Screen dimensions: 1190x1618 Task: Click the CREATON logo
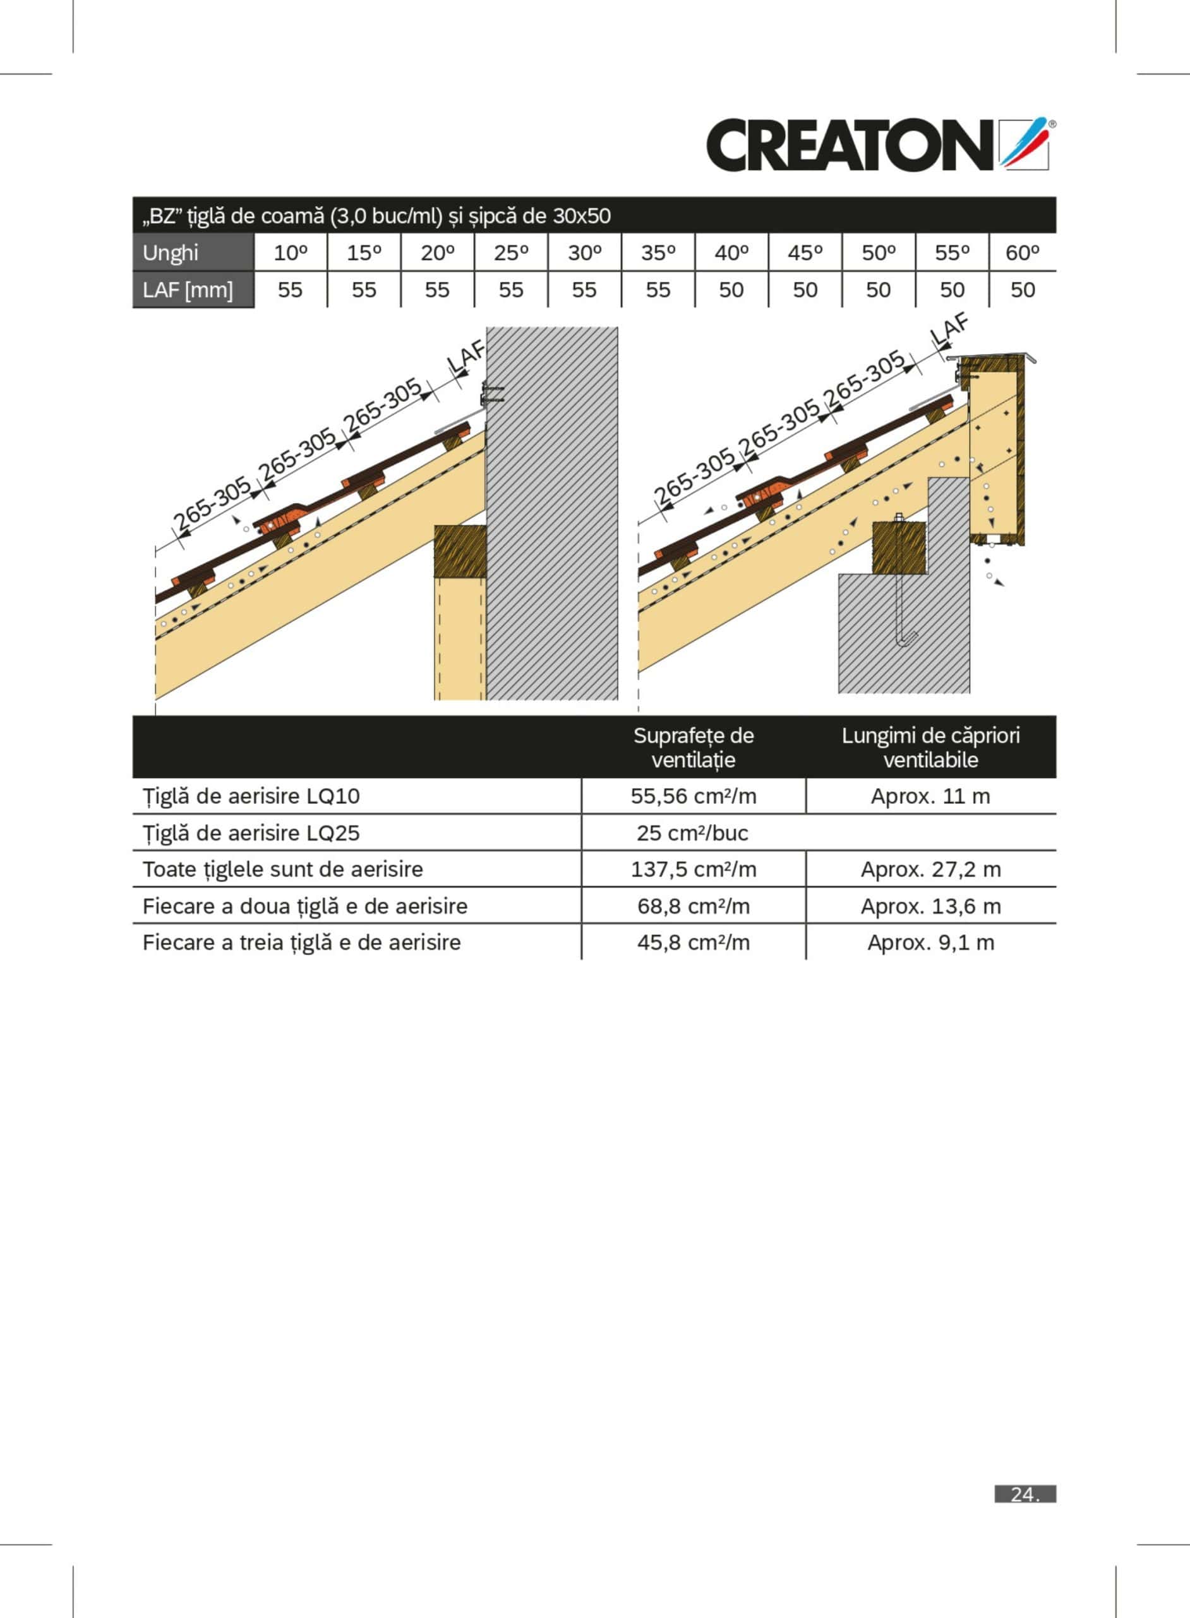click(881, 144)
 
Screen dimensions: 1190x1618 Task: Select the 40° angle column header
click(731, 253)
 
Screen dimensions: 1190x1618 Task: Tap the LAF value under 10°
click(291, 289)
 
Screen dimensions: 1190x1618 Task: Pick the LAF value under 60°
click(1023, 289)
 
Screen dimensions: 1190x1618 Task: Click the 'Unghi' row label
click(170, 253)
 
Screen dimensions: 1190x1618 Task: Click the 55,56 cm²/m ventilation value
click(694, 796)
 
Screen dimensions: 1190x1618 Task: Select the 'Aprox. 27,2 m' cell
click(930, 869)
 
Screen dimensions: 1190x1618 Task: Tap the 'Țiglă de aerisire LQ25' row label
click(251, 833)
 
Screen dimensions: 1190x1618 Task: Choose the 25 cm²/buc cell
click(692, 833)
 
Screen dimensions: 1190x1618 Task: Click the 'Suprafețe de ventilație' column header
click(694, 748)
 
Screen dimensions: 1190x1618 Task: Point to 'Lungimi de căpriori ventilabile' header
click(930, 748)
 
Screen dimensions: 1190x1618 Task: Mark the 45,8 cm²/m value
click(694, 943)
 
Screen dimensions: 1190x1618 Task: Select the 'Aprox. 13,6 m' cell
click(930, 906)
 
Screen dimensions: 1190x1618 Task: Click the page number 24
click(1025, 1494)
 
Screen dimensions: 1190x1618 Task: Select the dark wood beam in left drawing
click(460, 551)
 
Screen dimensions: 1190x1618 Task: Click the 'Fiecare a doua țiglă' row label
click(304, 906)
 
